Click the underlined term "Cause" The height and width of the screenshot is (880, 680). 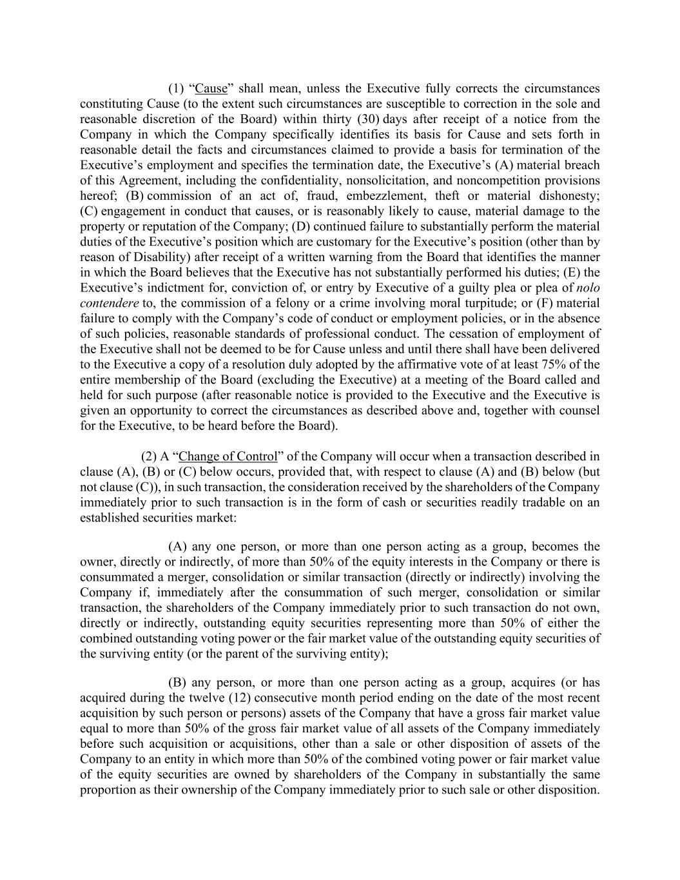pyautogui.click(x=211, y=88)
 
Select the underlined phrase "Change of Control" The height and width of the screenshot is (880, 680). pyautogui.click(x=228, y=456)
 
